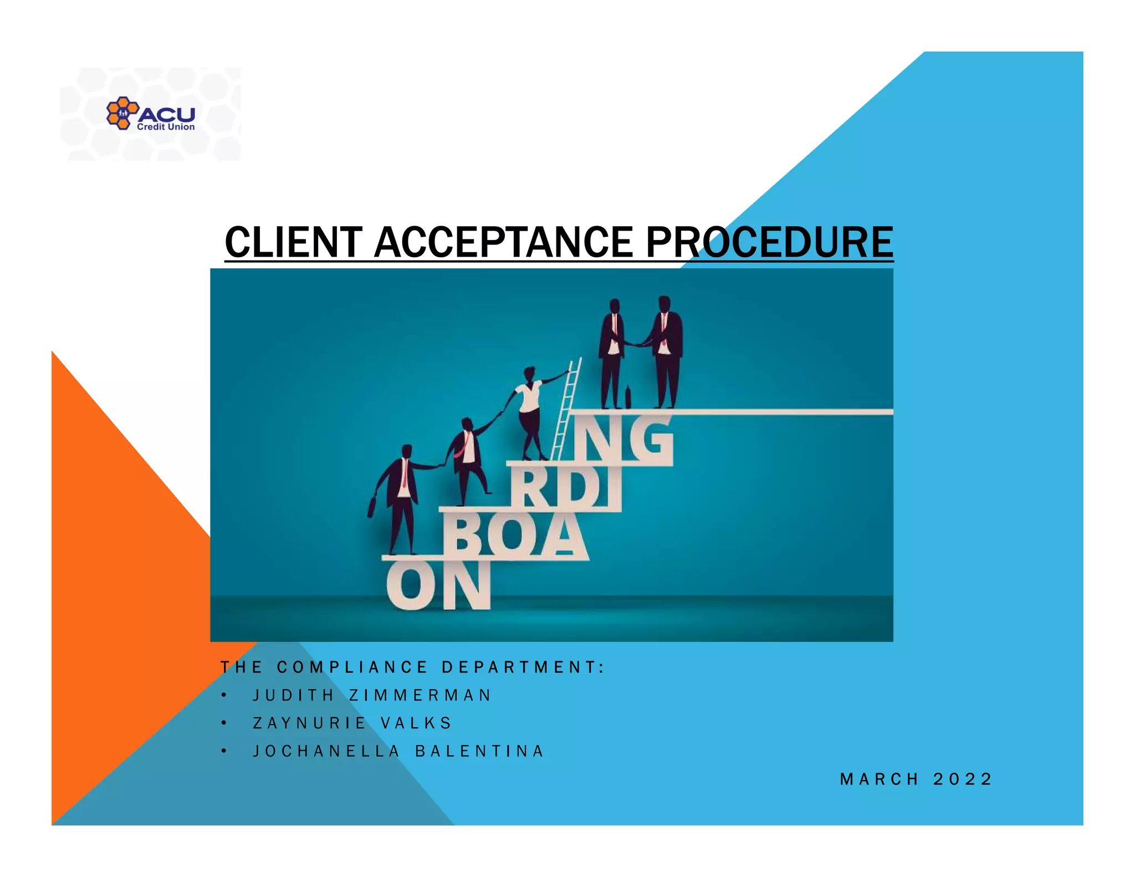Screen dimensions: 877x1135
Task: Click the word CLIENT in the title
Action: (293, 242)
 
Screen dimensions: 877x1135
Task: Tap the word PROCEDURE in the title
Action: (769, 242)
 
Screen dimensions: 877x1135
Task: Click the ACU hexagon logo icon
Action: (122, 113)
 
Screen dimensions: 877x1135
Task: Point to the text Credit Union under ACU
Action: (166, 127)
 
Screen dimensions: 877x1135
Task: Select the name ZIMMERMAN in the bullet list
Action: (420, 695)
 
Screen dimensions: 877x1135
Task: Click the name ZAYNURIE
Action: (309, 723)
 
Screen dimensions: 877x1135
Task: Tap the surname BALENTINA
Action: (479, 751)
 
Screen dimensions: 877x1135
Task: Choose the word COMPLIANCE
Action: (352, 667)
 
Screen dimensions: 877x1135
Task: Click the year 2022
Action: (963, 779)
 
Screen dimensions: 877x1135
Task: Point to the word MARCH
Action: (880, 779)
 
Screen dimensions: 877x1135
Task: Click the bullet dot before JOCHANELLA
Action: (223, 751)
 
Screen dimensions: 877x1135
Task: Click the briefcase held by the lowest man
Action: (372, 507)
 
